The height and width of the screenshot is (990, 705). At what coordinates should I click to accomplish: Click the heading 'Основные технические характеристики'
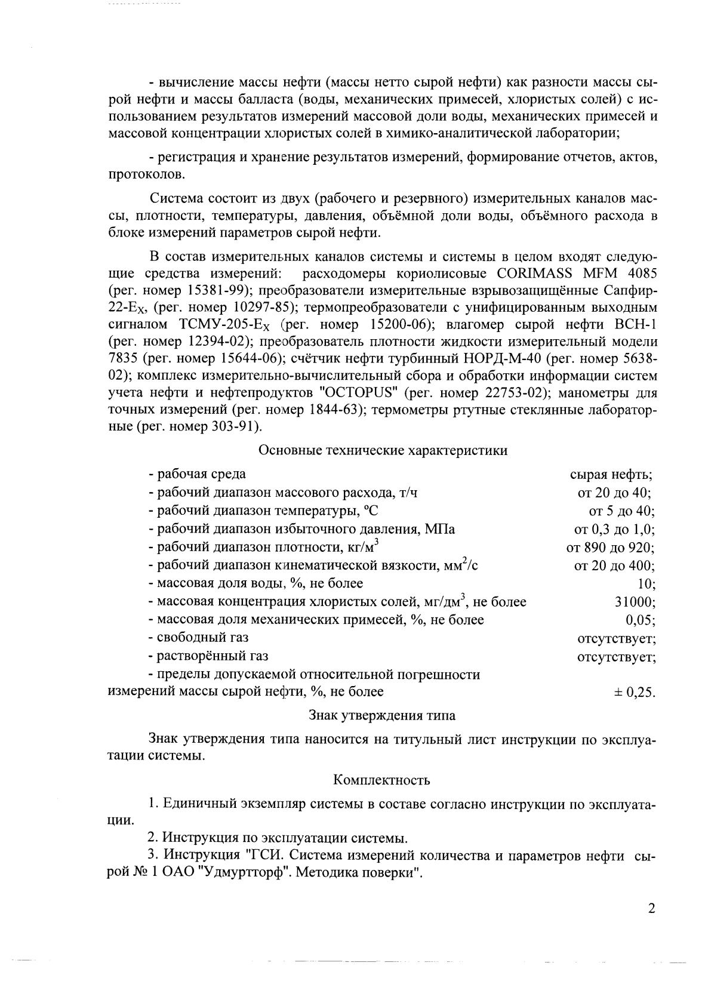click(383, 450)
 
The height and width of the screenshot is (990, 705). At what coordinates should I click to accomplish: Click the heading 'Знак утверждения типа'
click(382, 715)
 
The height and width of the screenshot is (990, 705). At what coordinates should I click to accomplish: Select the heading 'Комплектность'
click(381, 780)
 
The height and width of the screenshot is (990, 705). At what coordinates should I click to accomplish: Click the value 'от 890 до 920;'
click(611, 548)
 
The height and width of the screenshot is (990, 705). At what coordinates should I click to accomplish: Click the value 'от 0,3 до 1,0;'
click(615, 529)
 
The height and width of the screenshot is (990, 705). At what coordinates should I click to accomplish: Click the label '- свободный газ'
click(199, 638)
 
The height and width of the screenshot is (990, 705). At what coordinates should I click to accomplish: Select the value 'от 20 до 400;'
click(614, 565)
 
